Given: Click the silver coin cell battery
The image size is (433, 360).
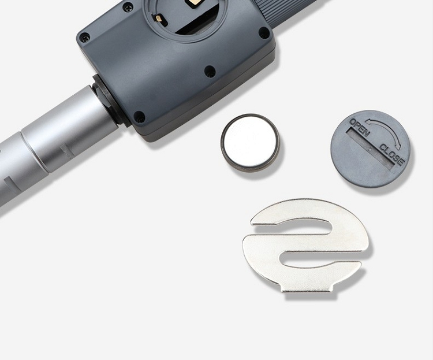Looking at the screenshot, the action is click(x=250, y=143).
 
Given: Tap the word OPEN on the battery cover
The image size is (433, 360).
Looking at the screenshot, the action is click(x=360, y=128).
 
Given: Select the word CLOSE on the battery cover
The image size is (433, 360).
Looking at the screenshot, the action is click(x=392, y=155).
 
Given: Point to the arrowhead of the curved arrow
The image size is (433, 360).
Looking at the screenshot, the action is click(x=398, y=145).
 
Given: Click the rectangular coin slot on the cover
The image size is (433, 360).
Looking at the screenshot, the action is click(x=371, y=148).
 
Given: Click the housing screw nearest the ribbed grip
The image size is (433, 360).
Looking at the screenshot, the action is click(x=264, y=32).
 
